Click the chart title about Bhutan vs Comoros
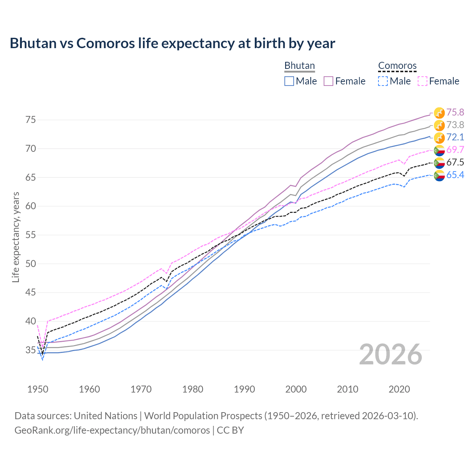172,43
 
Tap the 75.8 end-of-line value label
455,112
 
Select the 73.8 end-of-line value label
455,125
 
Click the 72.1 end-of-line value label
455,137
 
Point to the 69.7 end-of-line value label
455,150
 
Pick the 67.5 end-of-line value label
455,162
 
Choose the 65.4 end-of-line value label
455,175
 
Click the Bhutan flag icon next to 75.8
439,113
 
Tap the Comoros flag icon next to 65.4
439,175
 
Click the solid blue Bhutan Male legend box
289,81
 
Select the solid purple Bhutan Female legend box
328,81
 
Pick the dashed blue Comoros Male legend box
383,81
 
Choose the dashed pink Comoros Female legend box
423,81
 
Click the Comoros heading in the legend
397,66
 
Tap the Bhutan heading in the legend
299,66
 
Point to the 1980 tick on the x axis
193,389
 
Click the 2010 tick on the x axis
347,389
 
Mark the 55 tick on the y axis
30,235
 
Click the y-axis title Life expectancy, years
16,237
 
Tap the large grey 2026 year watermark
391,354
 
